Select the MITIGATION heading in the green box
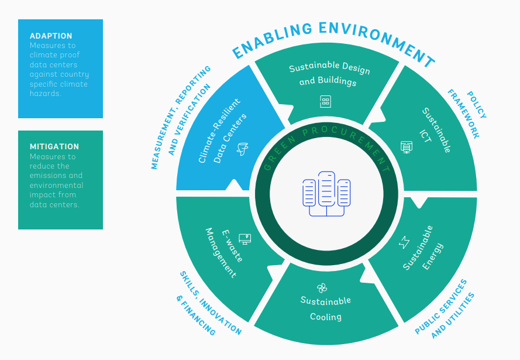[54, 146]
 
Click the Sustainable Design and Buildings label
[329, 75]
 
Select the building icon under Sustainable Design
[325, 101]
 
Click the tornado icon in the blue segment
[241, 150]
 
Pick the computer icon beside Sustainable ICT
[407, 146]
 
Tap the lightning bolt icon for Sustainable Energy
[404, 242]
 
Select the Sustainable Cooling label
[326, 308]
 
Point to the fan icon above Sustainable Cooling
[322, 287]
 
